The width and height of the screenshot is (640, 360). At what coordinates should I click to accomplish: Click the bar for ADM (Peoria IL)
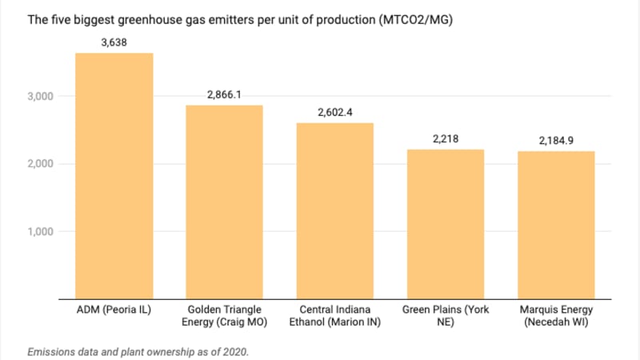pos(114,176)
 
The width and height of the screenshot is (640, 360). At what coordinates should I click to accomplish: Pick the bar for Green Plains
pos(446,224)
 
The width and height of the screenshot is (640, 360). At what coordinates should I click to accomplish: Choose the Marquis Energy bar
pos(557,225)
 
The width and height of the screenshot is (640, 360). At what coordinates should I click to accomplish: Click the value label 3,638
pos(114,42)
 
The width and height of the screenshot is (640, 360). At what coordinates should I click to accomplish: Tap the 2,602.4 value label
pos(335,112)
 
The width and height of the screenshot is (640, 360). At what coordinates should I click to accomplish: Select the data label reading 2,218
pos(446,138)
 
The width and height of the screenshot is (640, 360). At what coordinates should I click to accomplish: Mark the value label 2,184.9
pos(557,140)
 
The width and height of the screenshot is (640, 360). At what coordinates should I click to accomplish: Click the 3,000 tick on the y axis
pos(40,96)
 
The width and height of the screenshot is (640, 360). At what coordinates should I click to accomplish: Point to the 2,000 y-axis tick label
pos(40,164)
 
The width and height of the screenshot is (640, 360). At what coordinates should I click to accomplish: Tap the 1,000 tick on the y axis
pos(40,232)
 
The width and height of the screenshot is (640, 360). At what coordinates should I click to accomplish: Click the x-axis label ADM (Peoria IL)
pos(114,310)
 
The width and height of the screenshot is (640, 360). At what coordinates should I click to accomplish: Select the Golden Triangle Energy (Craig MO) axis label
pos(224,315)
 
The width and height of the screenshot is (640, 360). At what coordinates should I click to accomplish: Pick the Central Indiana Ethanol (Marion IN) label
pos(335,315)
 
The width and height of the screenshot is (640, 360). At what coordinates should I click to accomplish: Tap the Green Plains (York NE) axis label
pos(446,315)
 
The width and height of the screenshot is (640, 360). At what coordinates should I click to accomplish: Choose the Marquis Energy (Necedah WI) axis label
pos(557,315)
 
